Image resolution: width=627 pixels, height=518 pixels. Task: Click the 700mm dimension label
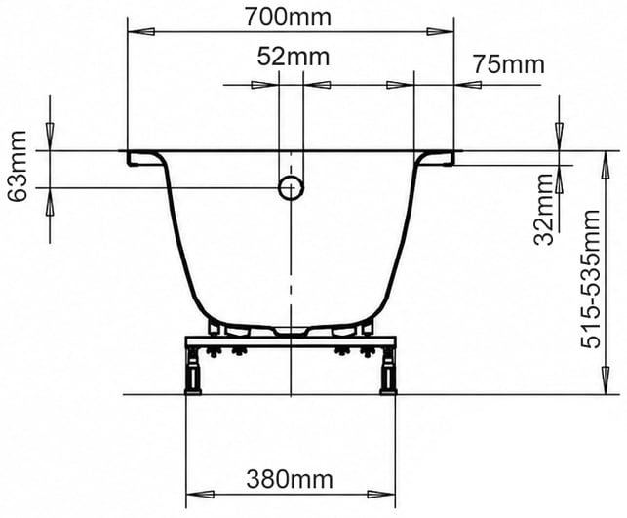click(x=288, y=18)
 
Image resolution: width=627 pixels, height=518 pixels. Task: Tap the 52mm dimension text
click(x=294, y=57)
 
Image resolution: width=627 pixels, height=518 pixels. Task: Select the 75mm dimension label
click(x=509, y=64)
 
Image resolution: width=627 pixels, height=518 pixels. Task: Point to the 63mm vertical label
click(x=18, y=167)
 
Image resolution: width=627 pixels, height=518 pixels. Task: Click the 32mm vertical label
click(x=544, y=209)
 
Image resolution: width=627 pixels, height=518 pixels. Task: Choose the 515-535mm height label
click(x=591, y=279)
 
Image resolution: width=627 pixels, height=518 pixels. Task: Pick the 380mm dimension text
click(x=290, y=479)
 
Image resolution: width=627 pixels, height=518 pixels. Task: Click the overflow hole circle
click(x=291, y=187)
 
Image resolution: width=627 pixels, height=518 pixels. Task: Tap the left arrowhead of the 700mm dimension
click(x=141, y=31)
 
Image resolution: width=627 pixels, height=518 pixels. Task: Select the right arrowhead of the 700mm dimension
click(x=440, y=31)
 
